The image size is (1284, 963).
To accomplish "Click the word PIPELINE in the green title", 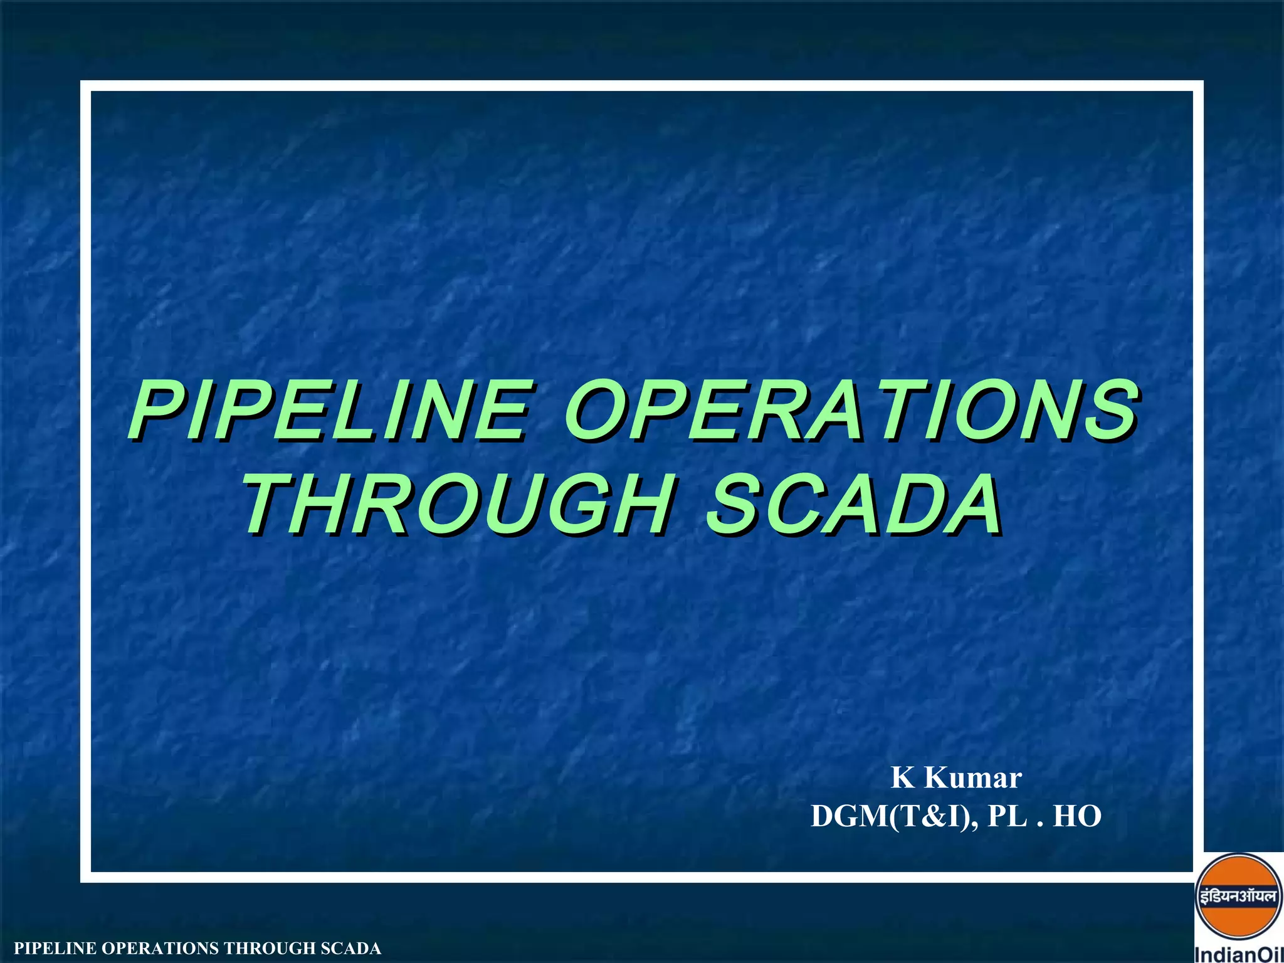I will pyautogui.click(x=329, y=412).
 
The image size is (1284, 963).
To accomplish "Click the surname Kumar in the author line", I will pyautogui.click(x=973, y=778).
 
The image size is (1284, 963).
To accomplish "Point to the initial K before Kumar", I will pyautogui.click(x=903, y=778).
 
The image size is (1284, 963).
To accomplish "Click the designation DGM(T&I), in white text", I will pyautogui.click(x=894, y=817).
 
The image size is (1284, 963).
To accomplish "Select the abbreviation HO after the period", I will pyautogui.click(x=1077, y=817).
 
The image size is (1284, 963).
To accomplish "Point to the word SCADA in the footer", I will pyautogui.click(x=350, y=949).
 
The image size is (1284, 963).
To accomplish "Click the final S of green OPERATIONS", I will pyautogui.click(x=1110, y=412).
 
